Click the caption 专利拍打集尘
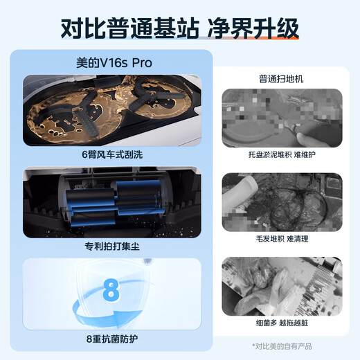point(112,245)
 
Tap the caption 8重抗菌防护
point(112,339)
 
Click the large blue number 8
point(111,289)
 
